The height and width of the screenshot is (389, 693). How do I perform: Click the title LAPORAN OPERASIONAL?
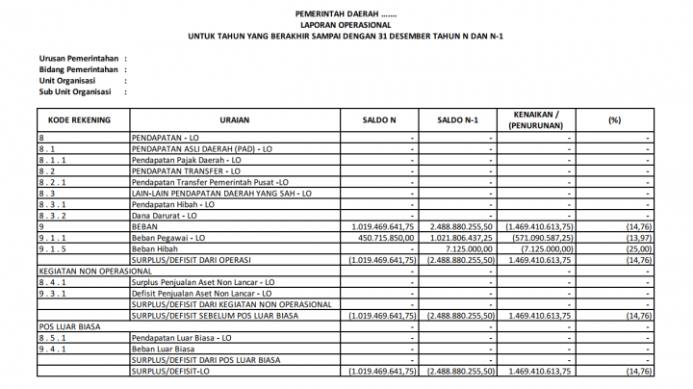346,25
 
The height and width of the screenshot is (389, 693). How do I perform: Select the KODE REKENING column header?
82,120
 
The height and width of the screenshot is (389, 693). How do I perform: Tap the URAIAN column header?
236,120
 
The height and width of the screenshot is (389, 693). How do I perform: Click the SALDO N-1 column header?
458,120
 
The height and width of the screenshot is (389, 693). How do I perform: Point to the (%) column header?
615,120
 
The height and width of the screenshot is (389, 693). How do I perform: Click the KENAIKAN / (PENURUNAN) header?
537,120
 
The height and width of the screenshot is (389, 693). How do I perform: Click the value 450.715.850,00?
380,237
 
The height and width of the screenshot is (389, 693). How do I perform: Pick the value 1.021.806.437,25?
457,237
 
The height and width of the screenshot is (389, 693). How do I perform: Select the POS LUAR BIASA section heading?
68,326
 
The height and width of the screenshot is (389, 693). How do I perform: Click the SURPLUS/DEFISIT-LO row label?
170,371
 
